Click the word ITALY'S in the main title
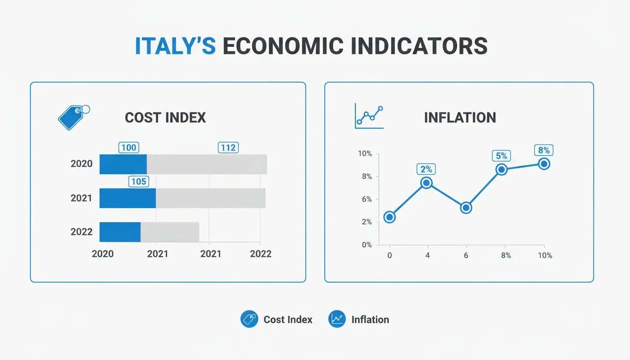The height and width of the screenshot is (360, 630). click(175, 46)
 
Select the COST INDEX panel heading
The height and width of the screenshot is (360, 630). click(165, 117)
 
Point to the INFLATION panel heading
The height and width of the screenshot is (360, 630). click(459, 117)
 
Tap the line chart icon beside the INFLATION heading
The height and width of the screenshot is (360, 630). click(369, 116)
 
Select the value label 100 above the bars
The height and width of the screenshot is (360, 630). click(128, 148)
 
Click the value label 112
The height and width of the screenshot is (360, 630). click(228, 148)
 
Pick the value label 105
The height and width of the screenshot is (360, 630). click(139, 181)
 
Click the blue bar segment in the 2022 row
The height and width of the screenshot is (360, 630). click(120, 232)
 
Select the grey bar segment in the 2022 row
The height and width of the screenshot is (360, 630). click(170, 232)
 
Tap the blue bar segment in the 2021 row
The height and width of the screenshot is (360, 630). click(127, 198)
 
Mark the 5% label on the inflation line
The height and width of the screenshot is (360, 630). click(502, 156)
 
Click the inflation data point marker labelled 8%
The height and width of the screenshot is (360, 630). click(544, 164)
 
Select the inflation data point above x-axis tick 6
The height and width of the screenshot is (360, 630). click(465, 208)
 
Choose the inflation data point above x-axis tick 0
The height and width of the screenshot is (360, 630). click(389, 217)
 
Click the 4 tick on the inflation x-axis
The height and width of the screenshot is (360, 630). click(427, 255)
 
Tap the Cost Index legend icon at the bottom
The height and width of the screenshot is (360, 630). click(249, 319)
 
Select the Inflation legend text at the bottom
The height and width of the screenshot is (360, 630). click(370, 320)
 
